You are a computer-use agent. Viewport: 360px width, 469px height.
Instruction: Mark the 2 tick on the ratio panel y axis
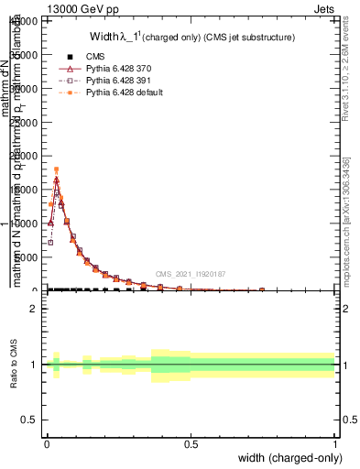coord(33,309)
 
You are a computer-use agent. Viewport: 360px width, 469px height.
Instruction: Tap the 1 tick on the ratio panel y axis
coord(33,365)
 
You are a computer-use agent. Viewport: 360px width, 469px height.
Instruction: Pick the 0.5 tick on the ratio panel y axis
coord(30,420)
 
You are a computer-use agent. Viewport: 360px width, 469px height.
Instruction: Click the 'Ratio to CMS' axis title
coord(13,365)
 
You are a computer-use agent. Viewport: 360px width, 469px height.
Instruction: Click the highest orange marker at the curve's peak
coord(56,169)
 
